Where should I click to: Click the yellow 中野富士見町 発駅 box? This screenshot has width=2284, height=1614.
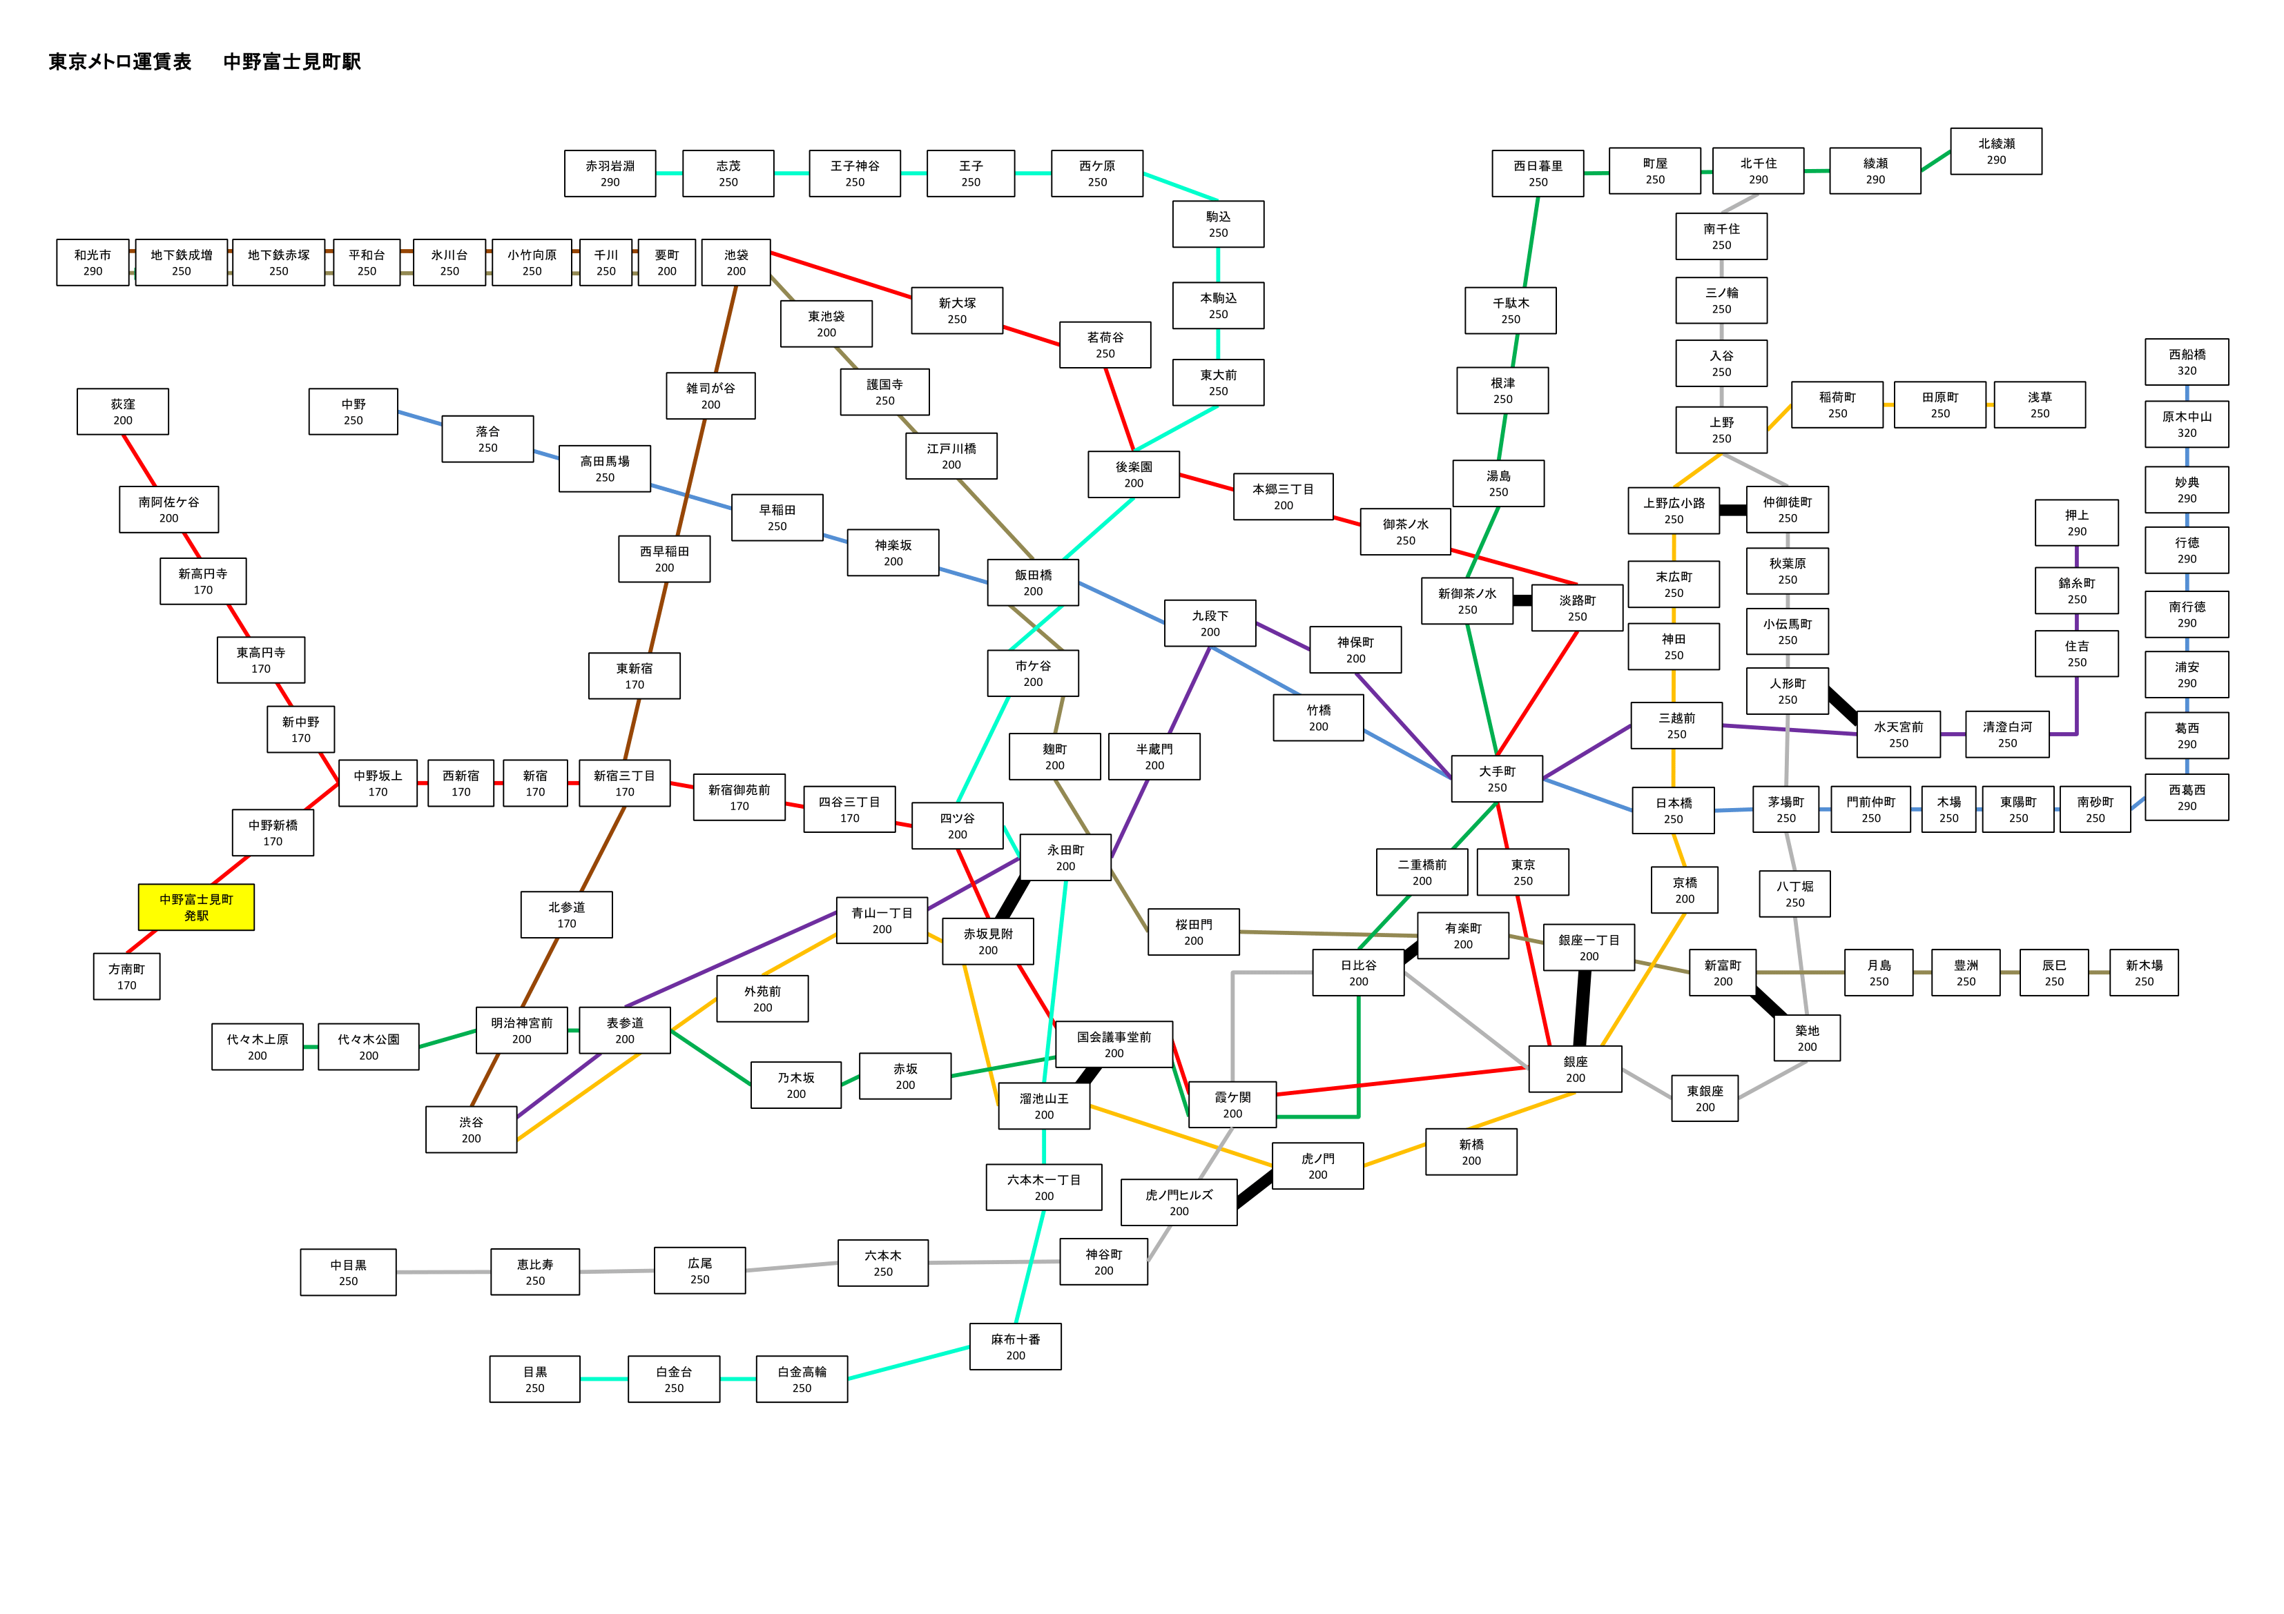[x=196, y=907]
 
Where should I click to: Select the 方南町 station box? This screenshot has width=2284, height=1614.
[x=126, y=976]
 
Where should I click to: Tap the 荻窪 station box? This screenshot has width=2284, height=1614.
[x=122, y=412]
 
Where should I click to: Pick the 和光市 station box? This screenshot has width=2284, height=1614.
[x=93, y=262]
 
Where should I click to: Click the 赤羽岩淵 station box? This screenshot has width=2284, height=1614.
[x=610, y=174]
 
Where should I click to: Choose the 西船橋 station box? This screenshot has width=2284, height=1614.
[x=2187, y=362]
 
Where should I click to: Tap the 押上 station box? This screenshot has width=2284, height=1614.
[x=2077, y=523]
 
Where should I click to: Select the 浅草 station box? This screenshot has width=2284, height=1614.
[x=2040, y=405]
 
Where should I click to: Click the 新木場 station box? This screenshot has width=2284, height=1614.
[x=2144, y=972]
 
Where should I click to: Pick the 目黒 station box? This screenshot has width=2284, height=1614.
[x=534, y=1379]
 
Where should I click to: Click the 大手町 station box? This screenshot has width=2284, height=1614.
[x=1497, y=778]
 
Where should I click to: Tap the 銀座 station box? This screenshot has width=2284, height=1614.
[x=1576, y=1069]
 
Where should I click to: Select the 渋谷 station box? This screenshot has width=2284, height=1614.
[x=472, y=1130]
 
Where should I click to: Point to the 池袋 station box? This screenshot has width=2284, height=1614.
[x=736, y=262]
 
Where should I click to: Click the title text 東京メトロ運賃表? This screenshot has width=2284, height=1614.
[x=120, y=61]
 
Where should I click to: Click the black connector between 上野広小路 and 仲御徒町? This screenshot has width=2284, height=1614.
[x=1733, y=510]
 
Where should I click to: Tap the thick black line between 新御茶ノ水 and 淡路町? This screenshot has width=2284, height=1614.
[x=1522, y=600]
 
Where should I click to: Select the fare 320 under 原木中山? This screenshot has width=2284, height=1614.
[x=2187, y=433]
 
